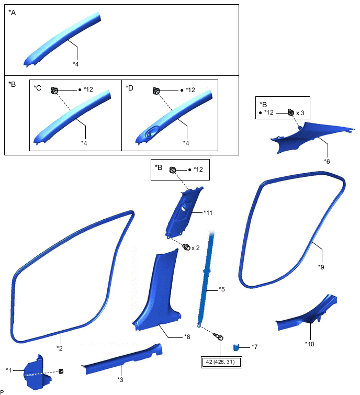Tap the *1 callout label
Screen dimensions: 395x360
8,371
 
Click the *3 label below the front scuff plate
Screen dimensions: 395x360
120,379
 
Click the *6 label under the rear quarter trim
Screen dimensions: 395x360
327,161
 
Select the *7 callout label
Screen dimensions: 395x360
254,347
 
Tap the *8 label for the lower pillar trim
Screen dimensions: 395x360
187,337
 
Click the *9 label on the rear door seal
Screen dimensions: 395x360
321,266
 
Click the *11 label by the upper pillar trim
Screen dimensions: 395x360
209,213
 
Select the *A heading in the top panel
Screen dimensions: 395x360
13,13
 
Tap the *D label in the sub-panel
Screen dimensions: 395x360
129,87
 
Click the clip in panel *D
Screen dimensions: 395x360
155,91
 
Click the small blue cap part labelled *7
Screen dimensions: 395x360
237,347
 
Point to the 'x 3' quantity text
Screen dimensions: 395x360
301,113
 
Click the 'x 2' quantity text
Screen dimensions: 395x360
195,247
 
